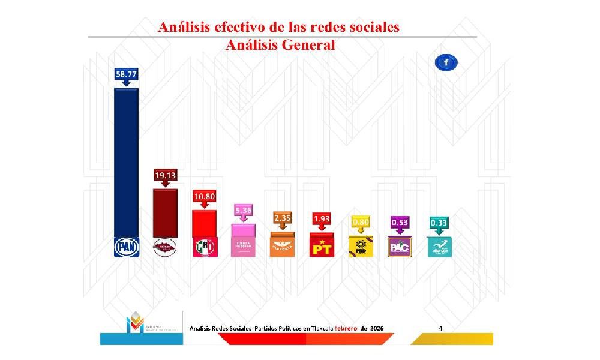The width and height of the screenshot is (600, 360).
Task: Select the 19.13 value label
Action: (165, 175)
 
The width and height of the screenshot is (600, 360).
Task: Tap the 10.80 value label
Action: (205, 196)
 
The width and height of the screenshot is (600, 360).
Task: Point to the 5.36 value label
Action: (244, 211)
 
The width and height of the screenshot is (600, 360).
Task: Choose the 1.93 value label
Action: (322, 220)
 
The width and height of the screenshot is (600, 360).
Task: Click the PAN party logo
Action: (127, 247)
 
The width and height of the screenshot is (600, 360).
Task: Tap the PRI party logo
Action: (205, 247)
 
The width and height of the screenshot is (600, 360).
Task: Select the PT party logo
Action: (322, 246)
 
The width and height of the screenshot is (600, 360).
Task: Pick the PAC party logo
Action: (400, 246)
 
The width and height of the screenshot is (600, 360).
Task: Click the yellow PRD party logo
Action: (361, 246)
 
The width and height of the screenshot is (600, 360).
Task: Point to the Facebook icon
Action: (447, 62)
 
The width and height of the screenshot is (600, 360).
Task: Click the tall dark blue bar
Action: (127, 162)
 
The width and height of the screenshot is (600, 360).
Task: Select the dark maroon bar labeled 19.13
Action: (165, 213)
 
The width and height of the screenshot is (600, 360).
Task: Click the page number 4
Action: (441, 328)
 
